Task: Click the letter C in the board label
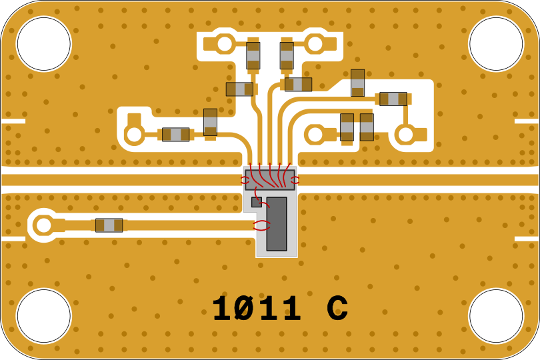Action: [x=337, y=309]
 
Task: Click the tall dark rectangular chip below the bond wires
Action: [x=277, y=223]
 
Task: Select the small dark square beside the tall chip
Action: [x=256, y=201]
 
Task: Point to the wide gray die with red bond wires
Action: [x=269, y=179]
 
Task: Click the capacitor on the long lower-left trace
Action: [x=109, y=225]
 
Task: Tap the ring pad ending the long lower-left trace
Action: [x=43, y=225]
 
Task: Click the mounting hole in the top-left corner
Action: [x=43, y=43]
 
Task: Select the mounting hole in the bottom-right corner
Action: [x=496, y=316]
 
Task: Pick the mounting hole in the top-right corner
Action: [x=496, y=43]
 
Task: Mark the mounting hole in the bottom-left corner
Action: [x=43, y=316]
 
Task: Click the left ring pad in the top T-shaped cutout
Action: [x=225, y=44]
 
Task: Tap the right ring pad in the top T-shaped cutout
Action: [x=315, y=44]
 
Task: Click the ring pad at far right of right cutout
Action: [x=405, y=135]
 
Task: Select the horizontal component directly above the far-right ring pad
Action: [x=393, y=99]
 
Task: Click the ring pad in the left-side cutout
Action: [x=134, y=135]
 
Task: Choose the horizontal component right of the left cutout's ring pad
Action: [x=175, y=135]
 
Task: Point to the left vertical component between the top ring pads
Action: [x=253, y=56]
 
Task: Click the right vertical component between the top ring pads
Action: [x=287, y=56]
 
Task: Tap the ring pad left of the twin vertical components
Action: [x=315, y=135]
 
